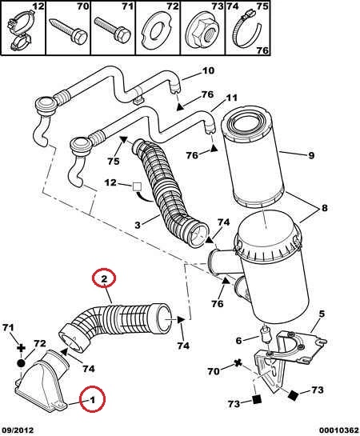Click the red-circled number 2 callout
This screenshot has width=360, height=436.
tap(104, 278)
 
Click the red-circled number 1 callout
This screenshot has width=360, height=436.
tap(92, 400)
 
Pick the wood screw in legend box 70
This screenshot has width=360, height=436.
tap(69, 31)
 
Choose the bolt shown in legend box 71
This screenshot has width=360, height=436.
tap(113, 30)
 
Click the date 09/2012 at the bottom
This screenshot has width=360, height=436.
tap(18, 430)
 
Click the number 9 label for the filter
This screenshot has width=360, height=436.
tap(311, 155)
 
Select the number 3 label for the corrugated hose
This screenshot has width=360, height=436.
tap(138, 225)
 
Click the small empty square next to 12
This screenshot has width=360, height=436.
tap(137, 186)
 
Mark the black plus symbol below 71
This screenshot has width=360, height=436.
tap(21, 348)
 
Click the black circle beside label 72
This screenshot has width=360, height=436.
tap(21, 363)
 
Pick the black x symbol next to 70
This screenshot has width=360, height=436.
tap(238, 362)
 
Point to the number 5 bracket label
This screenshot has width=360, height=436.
tap(322, 314)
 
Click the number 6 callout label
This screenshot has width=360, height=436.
tap(238, 340)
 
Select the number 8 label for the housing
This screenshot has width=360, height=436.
tap(325, 208)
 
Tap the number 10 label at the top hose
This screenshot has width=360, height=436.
tap(208, 70)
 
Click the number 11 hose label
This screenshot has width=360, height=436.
tap(231, 98)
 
